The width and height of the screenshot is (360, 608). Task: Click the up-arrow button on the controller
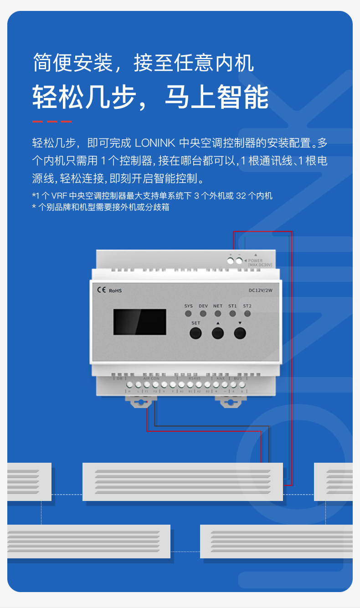[218, 333]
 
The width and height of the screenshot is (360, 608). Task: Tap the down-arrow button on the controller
[240, 333]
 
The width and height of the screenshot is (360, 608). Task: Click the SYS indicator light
[188, 313]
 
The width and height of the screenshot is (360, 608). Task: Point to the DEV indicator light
[203, 313]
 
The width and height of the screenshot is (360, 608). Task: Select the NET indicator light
[218, 313]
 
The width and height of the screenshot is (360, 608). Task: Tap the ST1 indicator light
[232, 313]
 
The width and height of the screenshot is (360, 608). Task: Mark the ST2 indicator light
[247, 313]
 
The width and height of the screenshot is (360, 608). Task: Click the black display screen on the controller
[139, 322]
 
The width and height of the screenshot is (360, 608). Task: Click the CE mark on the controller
[102, 289]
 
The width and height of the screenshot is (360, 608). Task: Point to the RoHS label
[115, 290]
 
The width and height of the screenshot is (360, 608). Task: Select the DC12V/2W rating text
[260, 290]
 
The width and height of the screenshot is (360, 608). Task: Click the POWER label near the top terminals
[255, 261]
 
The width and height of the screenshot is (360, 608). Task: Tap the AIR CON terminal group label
[151, 378]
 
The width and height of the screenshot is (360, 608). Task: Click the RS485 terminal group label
[194, 378]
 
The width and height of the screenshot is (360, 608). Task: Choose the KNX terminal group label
[221, 378]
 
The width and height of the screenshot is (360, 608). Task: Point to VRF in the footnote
[59, 196]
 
